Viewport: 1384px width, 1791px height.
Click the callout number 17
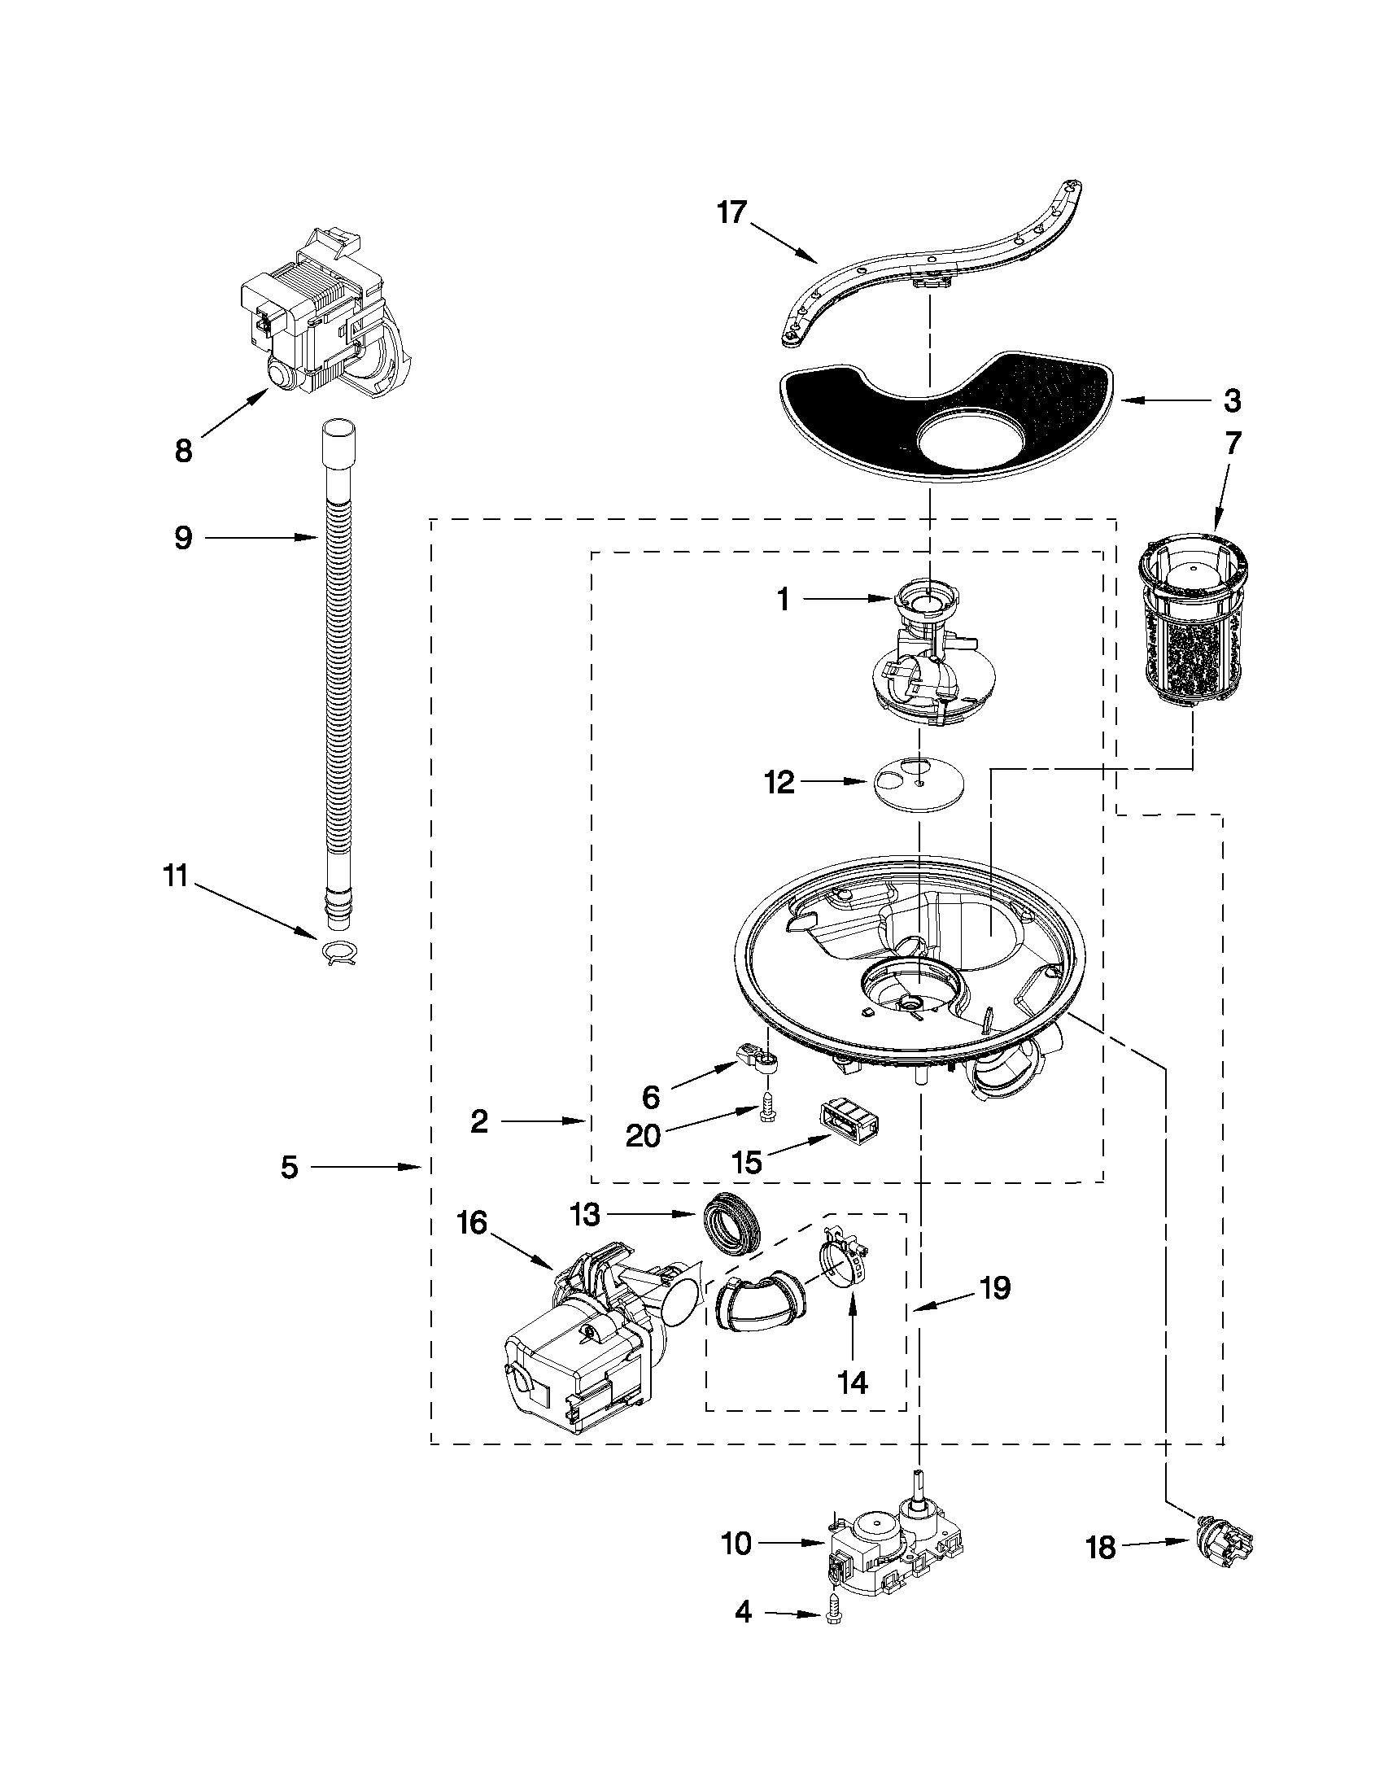[x=732, y=212]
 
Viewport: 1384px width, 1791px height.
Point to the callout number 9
[x=183, y=538]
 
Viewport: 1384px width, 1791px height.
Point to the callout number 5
[x=290, y=1167]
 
